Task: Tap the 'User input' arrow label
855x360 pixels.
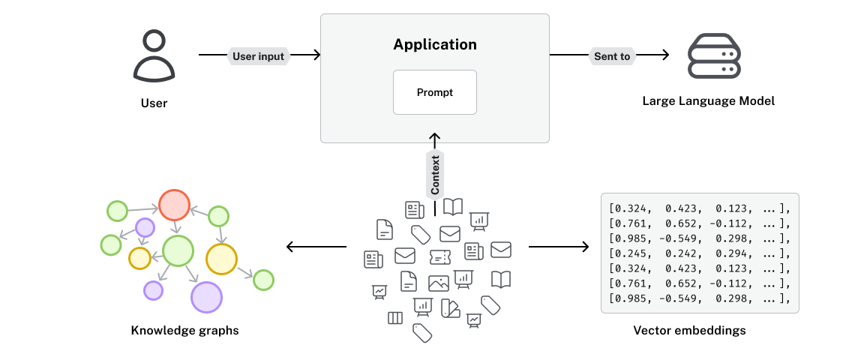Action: click(259, 56)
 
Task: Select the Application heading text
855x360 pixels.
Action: click(435, 44)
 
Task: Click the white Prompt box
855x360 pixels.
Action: click(435, 92)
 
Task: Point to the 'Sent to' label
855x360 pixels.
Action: click(612, 56)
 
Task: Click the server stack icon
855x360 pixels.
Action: click(714, 55)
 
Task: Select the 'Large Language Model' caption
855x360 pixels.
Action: click(709, 100)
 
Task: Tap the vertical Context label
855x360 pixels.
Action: click(435, 175)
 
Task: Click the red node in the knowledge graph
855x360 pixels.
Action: click(173, 204)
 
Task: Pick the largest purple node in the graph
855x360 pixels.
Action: click(206, 297)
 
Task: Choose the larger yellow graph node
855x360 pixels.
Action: click(221, 259)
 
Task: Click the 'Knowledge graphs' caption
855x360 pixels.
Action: click(184, 330)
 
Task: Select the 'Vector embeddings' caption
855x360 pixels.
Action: click(689, 330)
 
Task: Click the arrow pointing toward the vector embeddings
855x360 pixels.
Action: click(559, 246)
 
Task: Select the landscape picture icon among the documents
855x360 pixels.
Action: click(439, 283)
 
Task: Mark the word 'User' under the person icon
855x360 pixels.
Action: click(154, 103)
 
